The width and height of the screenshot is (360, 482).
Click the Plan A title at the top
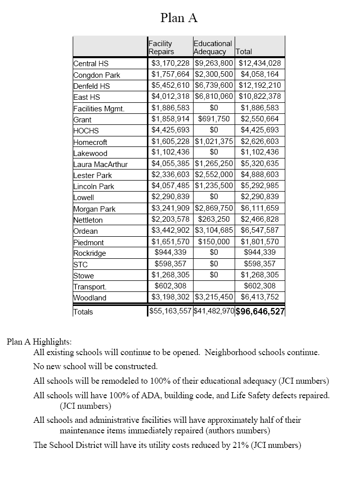click(179, 18)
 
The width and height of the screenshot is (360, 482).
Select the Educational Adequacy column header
click(213, 47)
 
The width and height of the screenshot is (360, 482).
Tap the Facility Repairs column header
click(161, 47)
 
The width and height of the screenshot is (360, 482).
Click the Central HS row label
click(91, 64)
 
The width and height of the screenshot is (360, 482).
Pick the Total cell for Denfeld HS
click(260, 86)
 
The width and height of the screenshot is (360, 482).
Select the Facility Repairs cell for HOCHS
click(170, 130)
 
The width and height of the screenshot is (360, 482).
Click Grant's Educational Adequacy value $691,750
click(214, 119)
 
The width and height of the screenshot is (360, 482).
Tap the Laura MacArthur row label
click(100, 164)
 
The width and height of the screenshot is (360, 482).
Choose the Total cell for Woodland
click(260, 297)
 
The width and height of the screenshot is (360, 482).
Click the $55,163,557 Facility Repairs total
click(170, 311)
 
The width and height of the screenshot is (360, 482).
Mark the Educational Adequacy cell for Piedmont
click(214, 242)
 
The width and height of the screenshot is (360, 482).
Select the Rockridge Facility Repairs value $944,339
click(170, 253)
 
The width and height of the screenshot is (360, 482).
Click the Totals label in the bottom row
click(83, 311)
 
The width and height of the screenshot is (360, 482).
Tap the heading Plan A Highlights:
click(39, 341)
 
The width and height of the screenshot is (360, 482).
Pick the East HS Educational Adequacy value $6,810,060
click(214, 97)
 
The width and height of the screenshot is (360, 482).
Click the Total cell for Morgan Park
click(260, 208)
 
